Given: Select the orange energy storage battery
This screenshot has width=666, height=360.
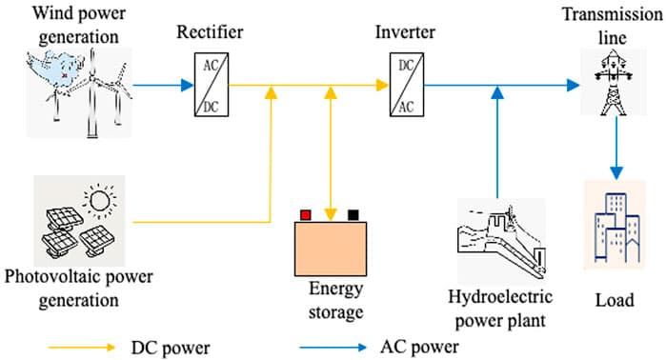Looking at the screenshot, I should click(329, 247).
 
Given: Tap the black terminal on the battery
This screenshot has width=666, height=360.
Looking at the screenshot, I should click(353, 214).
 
